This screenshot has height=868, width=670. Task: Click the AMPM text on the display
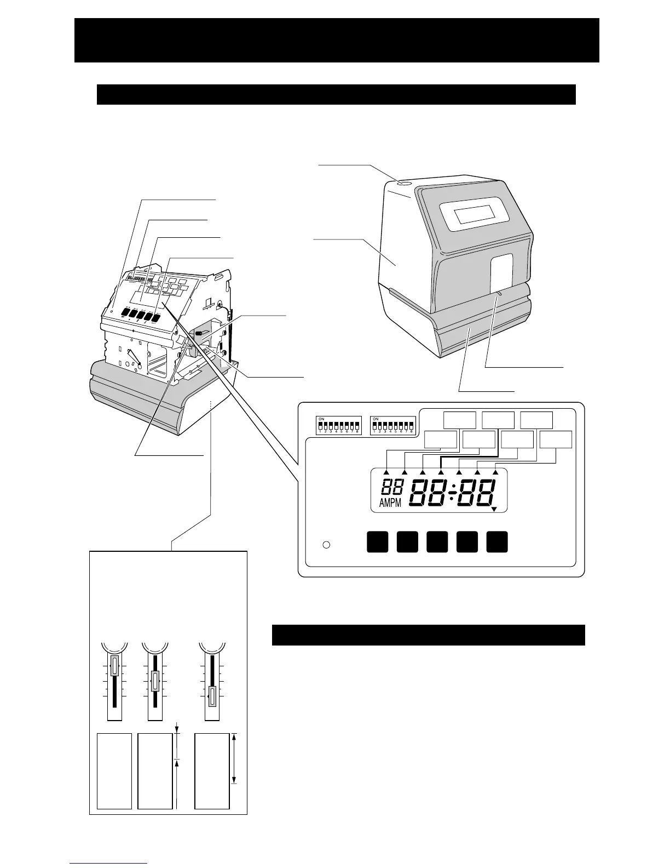pyautogui.click(x=390, y=503)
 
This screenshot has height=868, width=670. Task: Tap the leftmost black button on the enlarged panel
pyautogui.click(x=377, y=541)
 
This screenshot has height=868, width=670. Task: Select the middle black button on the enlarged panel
pyautogui.click(x=437, y=541)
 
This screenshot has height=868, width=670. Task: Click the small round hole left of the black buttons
pyautogui.click(x=326, y=545)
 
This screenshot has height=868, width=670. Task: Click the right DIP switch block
pyautogui.click(x=392, y=425)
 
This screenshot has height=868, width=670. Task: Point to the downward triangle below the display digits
pyautogui.click(x=494, y=510)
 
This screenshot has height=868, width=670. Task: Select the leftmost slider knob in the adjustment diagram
pyautogui.click(x=114, y=667)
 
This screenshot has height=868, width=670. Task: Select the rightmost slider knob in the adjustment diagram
pyautogui.click(x=212, y=697)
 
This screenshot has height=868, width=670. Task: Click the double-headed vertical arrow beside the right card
pyautogui.click(x=234, y=759)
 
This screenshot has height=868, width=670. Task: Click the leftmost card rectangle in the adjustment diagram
pyautogui.click(x=114, y=770)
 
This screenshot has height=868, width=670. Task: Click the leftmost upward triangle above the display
pyautogui.click(x=386, y=472)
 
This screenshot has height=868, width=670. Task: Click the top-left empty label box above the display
pyautogui.click(x=459, y=420)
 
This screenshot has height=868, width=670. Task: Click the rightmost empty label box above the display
pyautogui.click(x=556, y=439)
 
